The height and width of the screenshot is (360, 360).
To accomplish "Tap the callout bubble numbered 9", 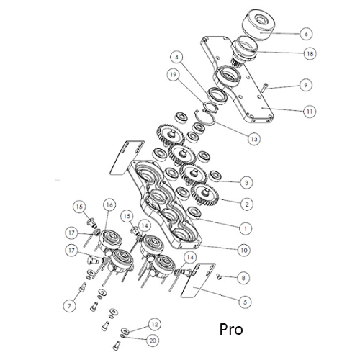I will (306, 85).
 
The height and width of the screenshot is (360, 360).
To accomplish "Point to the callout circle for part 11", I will (310, 112).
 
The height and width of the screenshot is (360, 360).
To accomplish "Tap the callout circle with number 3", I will (246, 182).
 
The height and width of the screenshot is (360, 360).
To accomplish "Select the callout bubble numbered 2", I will (246, 204).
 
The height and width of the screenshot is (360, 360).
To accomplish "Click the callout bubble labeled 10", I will (245, 250).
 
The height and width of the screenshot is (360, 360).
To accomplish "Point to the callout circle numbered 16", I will (109, 206).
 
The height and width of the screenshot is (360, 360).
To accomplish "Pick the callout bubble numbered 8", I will (244, 276).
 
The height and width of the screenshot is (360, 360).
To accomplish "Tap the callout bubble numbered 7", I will (69, 306).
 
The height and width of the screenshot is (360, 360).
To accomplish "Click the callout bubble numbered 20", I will (153, 340).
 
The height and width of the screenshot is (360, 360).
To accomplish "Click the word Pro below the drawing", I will (230, 330).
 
